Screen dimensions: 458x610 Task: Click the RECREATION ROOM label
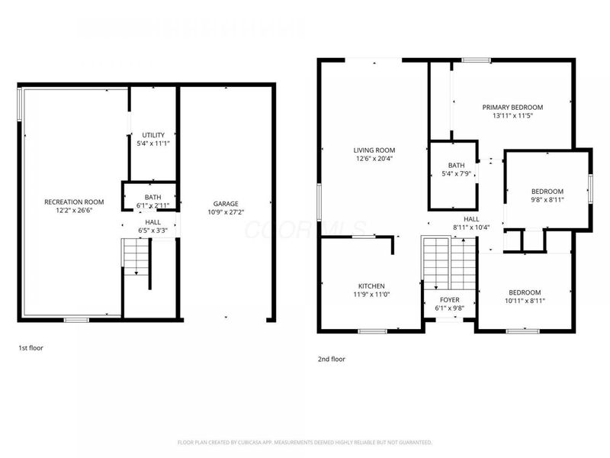pos(74,202)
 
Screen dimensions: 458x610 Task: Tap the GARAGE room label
pos(226,204)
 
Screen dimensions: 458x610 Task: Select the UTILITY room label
pos(153,135)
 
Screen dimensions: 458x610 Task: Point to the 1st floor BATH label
pos(153,197)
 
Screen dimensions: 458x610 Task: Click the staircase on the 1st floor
pos(135,258)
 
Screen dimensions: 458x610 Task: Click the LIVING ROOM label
pos(374,150)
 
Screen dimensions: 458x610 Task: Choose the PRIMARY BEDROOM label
pos(512,107)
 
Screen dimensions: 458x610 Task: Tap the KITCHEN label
pos(371,285)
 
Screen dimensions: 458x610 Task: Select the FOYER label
pos(450,300)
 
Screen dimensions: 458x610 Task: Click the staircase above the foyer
pos(449,260)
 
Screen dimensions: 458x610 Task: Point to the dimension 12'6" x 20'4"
pos(374,159)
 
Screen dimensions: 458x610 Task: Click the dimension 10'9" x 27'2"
pos(226,212)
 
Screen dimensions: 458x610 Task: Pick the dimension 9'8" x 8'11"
pos(547,199)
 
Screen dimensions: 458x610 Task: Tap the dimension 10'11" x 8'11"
pos(525,301)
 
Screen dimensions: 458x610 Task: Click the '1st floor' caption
pos(31,348)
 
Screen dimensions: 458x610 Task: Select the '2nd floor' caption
pos(332,358)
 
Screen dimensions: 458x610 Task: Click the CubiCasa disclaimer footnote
pos(305,442)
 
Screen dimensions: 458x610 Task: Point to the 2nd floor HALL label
pos(471,219)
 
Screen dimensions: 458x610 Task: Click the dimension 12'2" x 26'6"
pos(74,210)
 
